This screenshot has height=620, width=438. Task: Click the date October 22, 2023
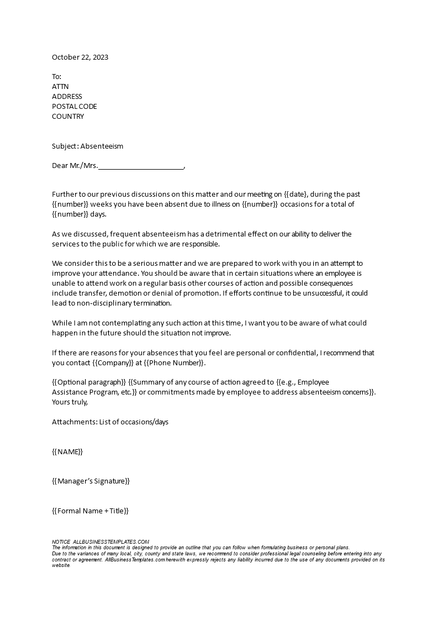pyautogui.click(x=80, y=57)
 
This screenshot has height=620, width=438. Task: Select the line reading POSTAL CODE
pyautogui.click(x=74, y=107)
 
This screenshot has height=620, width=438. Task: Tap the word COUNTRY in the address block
pyautogui.click(x=68, y=117)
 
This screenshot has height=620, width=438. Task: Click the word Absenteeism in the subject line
pyautogui.click(x=102, y=146)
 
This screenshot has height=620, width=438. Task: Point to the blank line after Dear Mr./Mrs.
pyautogui.click(x=141, y=166)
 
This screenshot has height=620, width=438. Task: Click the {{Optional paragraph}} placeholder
pyautogui.click(x=89, y=382)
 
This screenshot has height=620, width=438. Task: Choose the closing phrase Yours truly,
pyautogui.click(x=70, y=402)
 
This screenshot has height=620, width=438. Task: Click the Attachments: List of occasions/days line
pyautogui.click(x=110, y=422)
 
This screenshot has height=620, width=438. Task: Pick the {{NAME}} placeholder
pyautogui.click(x=67, y=452)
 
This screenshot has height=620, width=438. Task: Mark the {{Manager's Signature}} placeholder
pyautogui.click(x=91, y=481)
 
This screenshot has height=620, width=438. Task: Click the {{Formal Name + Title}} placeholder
pyautogui.click(x=90, y=511)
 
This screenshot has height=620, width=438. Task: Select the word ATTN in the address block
pyautogui.click(x=60, y=87)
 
